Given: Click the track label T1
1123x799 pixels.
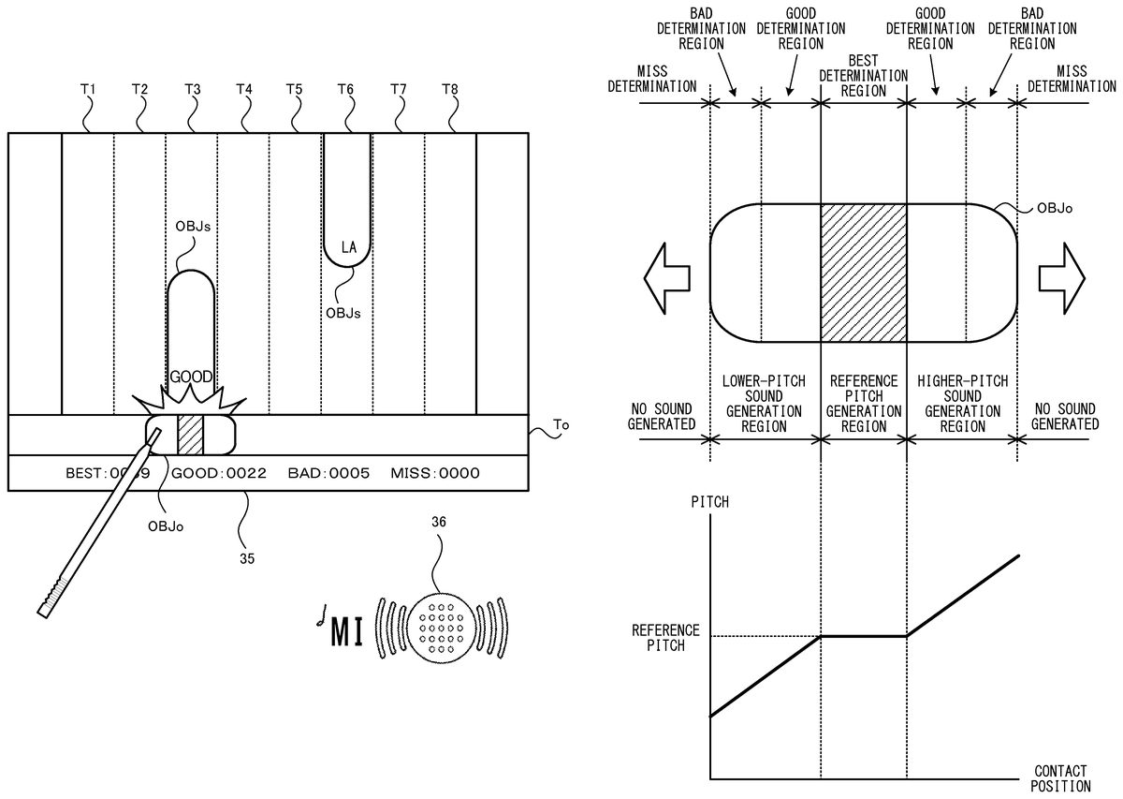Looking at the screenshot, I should [x=88, y=89].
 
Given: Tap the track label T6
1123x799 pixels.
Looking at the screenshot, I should [x=345, y=89].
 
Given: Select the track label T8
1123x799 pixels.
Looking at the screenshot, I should [x=450, y=89].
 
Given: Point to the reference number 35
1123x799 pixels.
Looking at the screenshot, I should [x=246, y=558].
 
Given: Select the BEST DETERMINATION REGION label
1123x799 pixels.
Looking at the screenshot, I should [x=863, y=82].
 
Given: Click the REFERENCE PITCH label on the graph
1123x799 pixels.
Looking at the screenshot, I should [x=665, y=637].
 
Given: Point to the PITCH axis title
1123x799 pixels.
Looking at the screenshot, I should [x=709, y=503].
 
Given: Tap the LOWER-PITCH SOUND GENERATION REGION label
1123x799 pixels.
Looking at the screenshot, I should [x=765, y=404].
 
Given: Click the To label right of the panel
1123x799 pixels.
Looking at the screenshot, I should [x=561, y=424].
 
